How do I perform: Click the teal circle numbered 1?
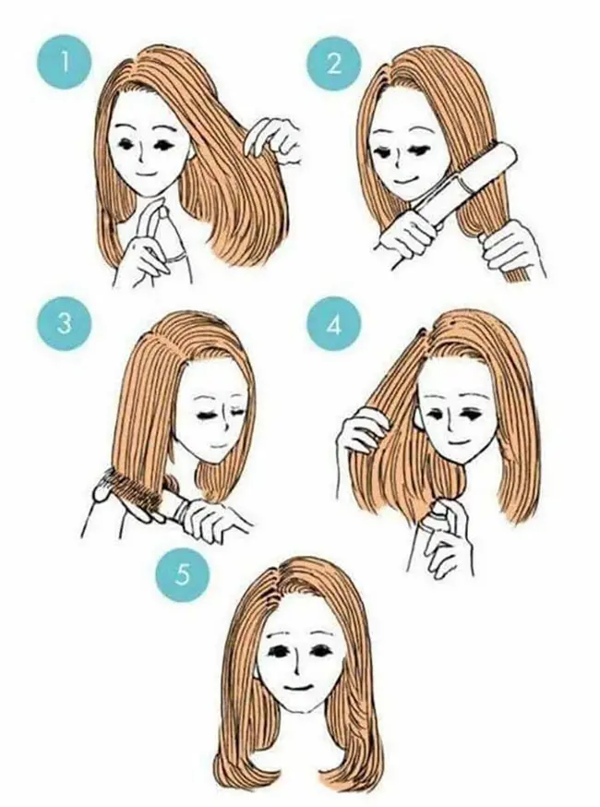65,64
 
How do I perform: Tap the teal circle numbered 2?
334,64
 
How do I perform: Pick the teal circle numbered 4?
334,325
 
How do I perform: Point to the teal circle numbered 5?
184,573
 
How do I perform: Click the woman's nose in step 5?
296,664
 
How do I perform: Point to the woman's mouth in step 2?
402,182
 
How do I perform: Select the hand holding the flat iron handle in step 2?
405,235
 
